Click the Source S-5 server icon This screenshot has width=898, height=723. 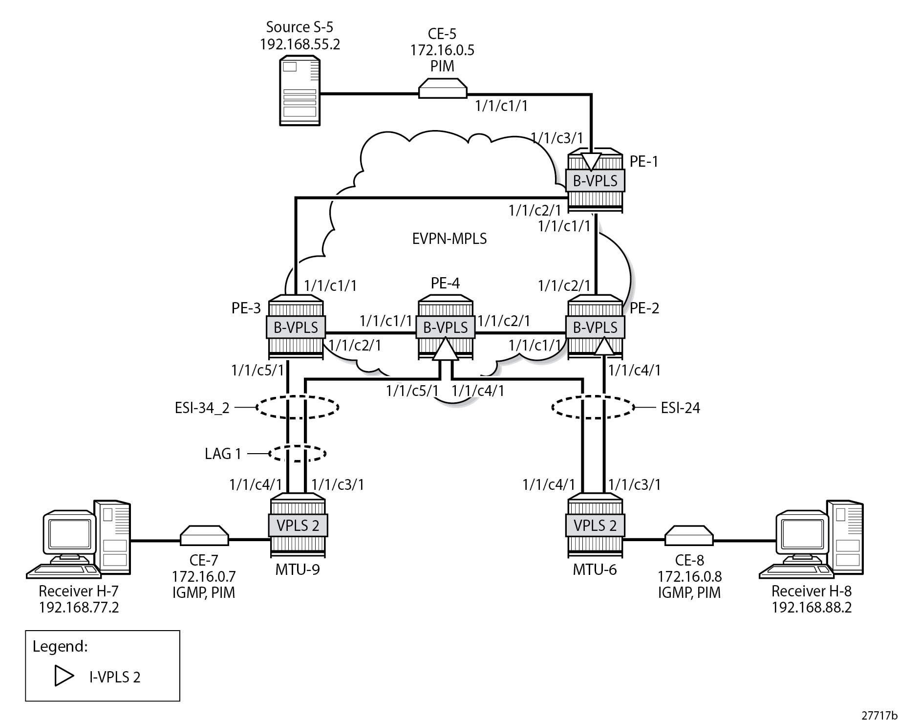(299, 91)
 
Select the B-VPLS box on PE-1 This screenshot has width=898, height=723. (595, 181)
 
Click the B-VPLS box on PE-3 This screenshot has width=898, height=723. (296, 327)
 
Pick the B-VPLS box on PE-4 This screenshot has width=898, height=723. (445, 327)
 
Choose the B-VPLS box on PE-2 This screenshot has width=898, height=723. (595, 327)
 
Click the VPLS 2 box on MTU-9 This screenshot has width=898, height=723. (298, 526)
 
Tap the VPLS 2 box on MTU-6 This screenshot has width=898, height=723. (595, 526)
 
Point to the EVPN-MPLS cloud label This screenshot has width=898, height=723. (449, 239)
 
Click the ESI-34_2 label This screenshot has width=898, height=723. (202, 407)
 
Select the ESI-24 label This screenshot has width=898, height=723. (680, 407)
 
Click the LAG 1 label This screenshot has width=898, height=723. (223, 454)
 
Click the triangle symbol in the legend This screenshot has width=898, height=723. (64, 676)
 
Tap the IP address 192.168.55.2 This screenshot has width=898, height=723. (299, 44)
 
